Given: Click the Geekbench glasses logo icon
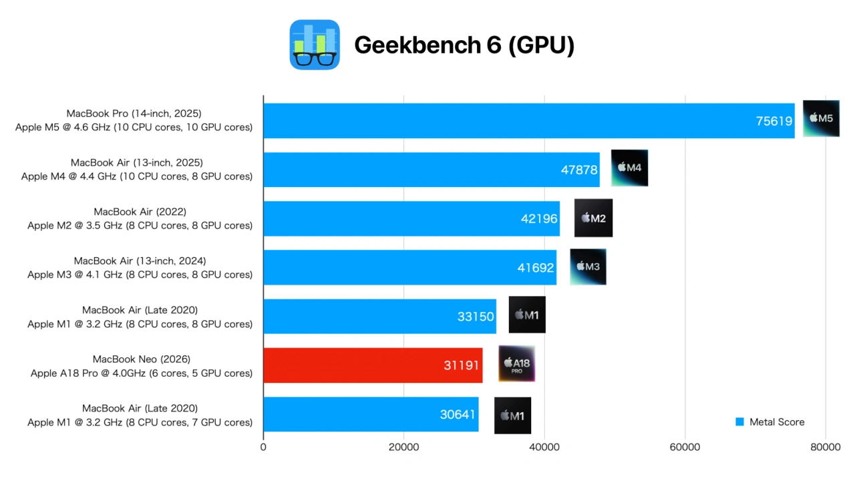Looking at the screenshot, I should pyautogui.click(x=315, y=45).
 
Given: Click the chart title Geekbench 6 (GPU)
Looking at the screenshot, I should pyautogui.click(x=464, y=45).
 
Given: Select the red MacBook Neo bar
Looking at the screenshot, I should pyautogui.click(x=373, y=365).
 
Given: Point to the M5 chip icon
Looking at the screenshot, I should pyautogui.click(x=821, y=118).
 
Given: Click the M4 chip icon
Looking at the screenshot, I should pyautogui.click(x=629, y=168).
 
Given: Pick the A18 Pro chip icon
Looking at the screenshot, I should pyautogui.click(x=516, y=364).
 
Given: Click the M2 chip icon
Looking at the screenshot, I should pyautogui.click(x=593, y=218).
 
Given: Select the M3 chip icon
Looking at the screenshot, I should pyautogui.click(x=588, y=267).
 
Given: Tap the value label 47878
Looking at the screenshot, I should pyautogui.click(x=579, y=170).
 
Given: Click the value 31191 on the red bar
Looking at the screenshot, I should pyautogui.click(x=462, y=365).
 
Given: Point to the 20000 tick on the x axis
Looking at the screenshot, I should pyautogui.click(x=403, y=447).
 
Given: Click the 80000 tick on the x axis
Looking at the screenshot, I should pyautogui.click(x=825, y=447).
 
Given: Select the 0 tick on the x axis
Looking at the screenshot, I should pyautogui.click(x=263, y=447).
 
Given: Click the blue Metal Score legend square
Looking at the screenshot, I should pyautogui.click(x=739, y=422).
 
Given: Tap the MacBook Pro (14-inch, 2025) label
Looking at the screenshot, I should pyautogui.click(x=134, y=114).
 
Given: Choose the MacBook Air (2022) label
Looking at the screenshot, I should pyautogui.click(x=140, y=212).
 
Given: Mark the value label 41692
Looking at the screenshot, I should pyautogui.click(x=536, y=268).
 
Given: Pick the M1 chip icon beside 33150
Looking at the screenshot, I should pyautogui.click(x=527, y=315).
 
